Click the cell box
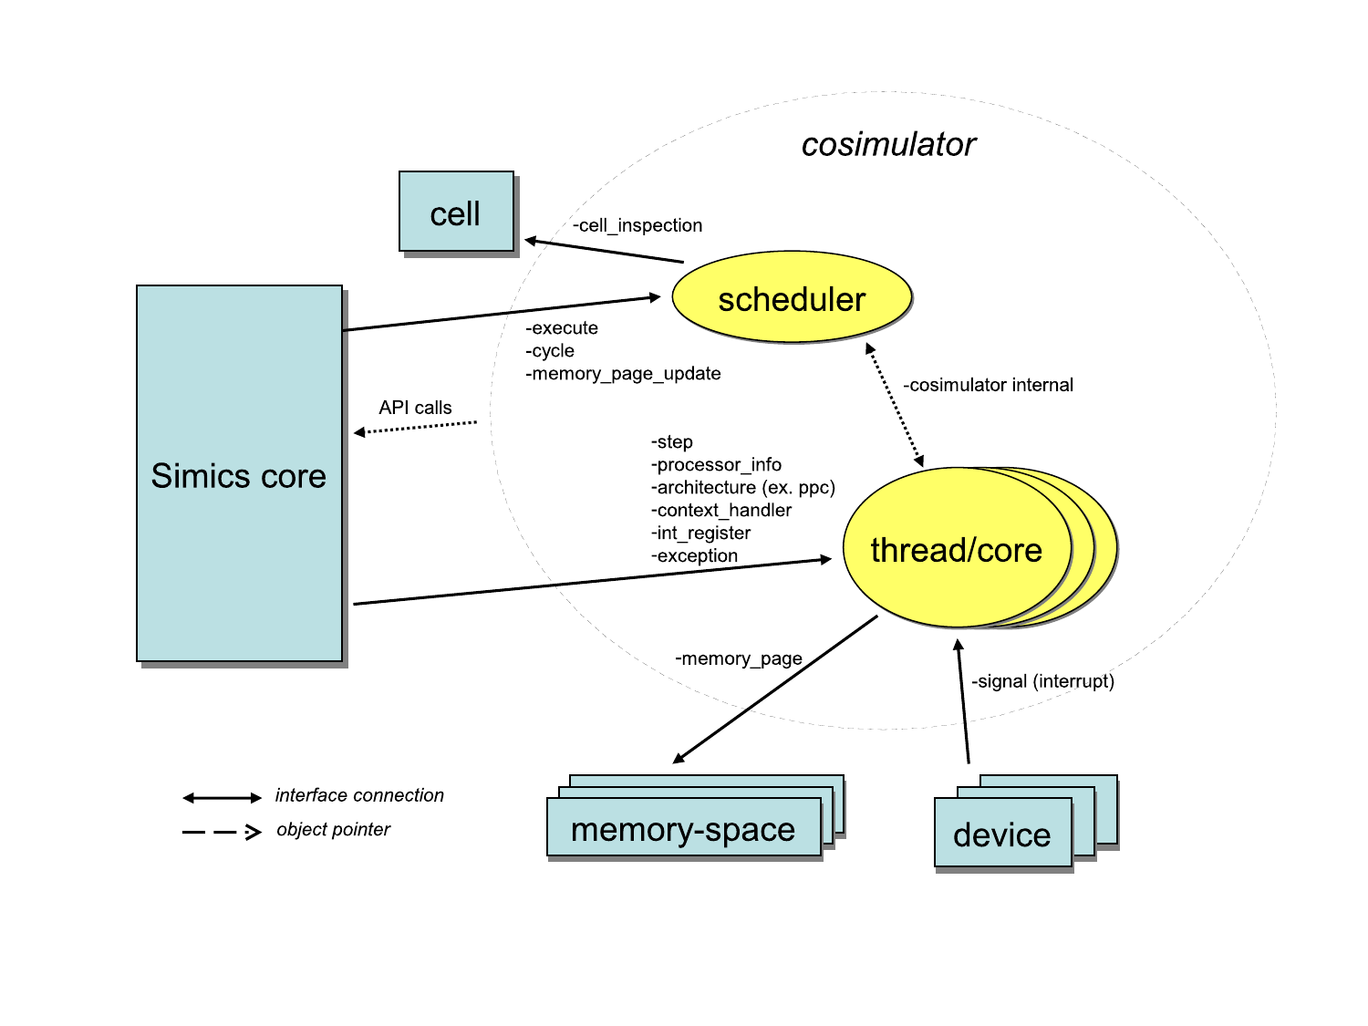click(456, 212)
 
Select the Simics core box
click(239, 473)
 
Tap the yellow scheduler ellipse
click(792, 298)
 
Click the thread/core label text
click(956, 551)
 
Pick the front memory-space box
click(683, 828)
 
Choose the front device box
click(1002, 834)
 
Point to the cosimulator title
click(888, 144)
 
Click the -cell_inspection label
click(637, 225)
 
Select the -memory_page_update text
click(624, 374)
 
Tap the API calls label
click(415, 408)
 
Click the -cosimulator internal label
click(988, 385)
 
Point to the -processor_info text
click(716, 465)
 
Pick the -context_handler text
click(721, 511)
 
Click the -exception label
click(694, 556)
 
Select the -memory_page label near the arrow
click(739, 658)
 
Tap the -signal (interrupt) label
click(1042, 681)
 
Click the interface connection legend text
click(359, 795)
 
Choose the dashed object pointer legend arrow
click(222, 832)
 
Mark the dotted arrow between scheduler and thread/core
click(895, 405)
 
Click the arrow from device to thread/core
click(963, 702)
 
